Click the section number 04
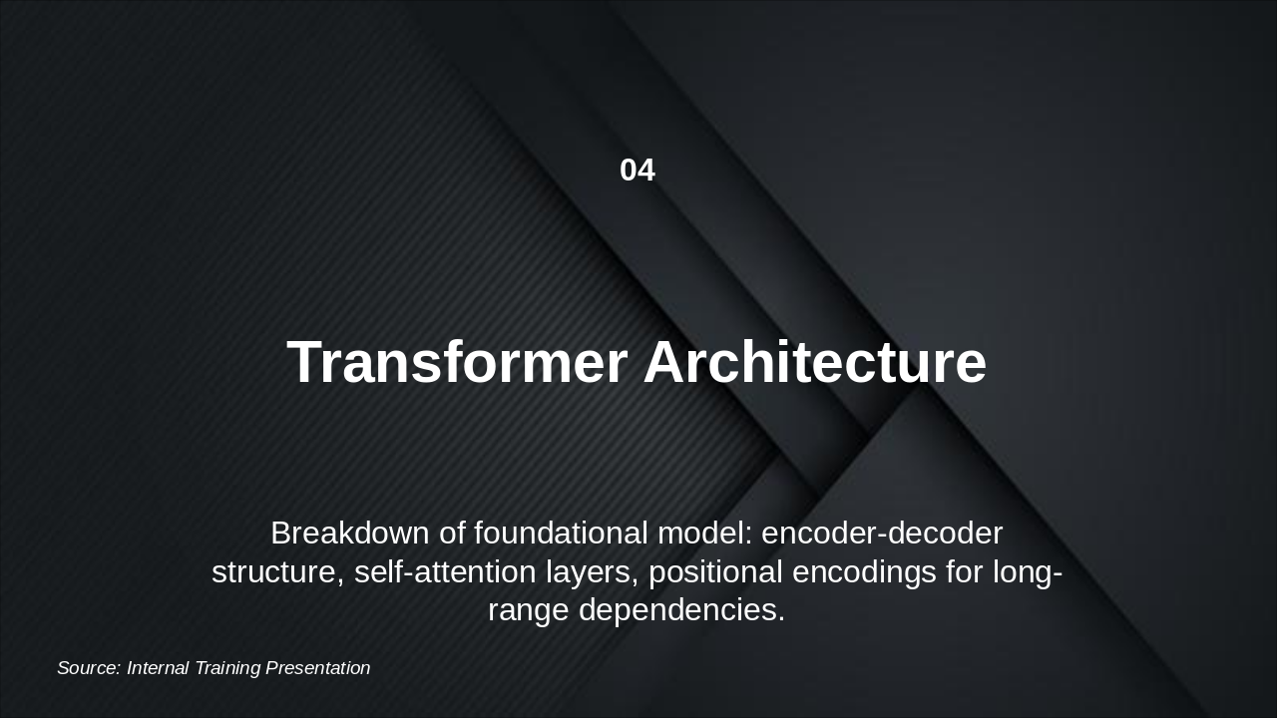pos(637,171)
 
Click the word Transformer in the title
pos(457,362)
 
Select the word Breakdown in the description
pos(350,534)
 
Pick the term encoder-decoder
pos(882,534)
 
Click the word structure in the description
pos(277,572)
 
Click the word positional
pos(715,572)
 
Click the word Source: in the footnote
pos(89,668)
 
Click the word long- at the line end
pos(1027,572)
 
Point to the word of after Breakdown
pos(452,534)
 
